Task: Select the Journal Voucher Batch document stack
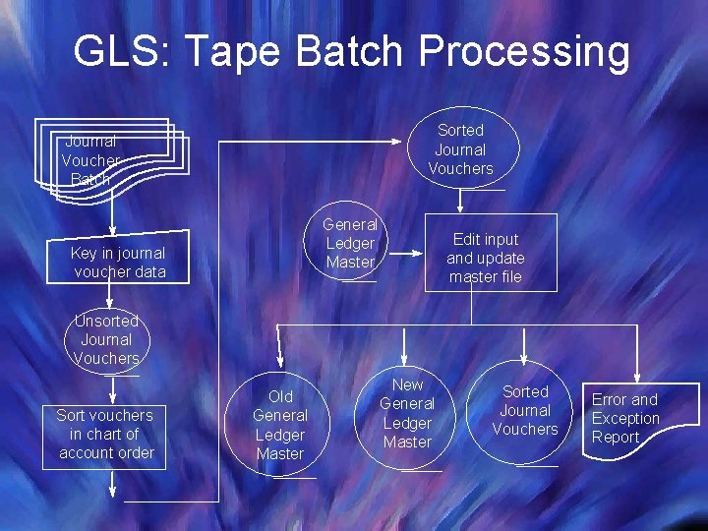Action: [108, 159]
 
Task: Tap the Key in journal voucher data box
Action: [118, 262]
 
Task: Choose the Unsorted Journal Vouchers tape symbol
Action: [107, 339]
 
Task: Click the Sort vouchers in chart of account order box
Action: [106, 434]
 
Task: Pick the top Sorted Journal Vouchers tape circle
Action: [460, 149]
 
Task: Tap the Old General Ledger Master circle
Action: [280, 425]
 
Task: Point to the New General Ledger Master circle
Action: [407, 414]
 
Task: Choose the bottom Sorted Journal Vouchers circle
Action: [525, 411]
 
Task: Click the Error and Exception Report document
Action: [635, 418]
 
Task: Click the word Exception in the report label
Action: [625, 418]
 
